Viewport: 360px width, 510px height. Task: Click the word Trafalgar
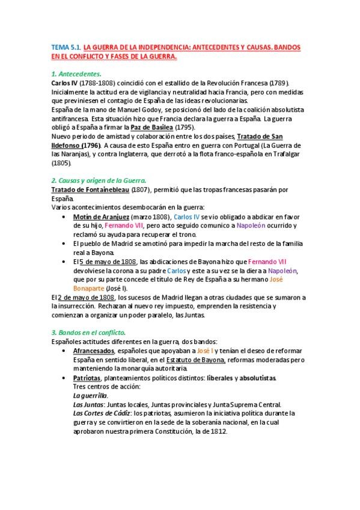tap(288, 154)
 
